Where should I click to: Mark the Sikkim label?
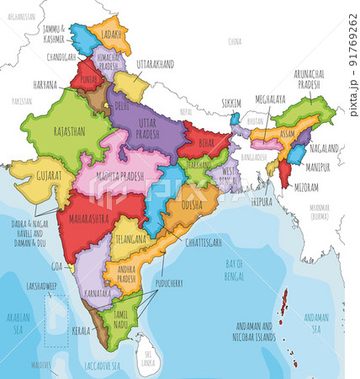[231, 102]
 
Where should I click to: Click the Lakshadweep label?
[40, 286]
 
